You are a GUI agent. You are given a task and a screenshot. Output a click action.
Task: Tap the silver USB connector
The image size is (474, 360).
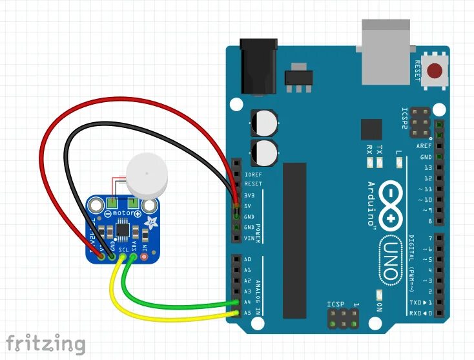pos(387,52)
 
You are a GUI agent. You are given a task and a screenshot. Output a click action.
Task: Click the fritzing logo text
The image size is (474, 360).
pos(45,343)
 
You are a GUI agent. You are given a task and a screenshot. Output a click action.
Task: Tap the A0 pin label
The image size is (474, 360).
pos(247,260)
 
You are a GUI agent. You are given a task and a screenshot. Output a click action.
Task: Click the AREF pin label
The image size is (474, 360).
pos(424,146)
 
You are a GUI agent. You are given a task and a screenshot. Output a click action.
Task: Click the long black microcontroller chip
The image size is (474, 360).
pos(294,239)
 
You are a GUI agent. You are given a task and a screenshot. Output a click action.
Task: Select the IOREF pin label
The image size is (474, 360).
pos(253,174)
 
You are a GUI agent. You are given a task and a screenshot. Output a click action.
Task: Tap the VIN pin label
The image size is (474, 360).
pos(249,238)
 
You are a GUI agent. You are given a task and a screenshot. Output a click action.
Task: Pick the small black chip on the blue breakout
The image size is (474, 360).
pos(122,229)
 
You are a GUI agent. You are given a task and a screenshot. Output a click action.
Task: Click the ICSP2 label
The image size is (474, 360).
pos(406,119)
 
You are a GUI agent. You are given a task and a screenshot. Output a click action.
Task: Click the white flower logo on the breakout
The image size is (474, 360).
pos(152,224)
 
